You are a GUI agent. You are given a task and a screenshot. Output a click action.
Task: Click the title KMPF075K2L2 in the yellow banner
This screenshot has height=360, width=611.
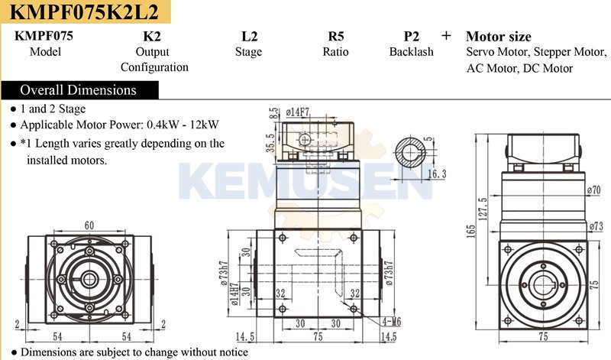[x=84, y=11]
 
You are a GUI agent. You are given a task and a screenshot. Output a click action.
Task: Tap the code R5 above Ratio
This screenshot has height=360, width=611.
[x=335, y=36]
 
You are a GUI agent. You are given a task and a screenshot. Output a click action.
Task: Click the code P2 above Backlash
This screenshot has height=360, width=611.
[x=411, y=36]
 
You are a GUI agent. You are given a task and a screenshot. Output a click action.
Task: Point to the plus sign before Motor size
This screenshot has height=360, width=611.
[x=446, y=36]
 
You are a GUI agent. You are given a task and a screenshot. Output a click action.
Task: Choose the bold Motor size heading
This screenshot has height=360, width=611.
[x=499, y=37]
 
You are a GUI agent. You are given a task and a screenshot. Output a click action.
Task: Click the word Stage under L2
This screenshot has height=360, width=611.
[x=249, y=52]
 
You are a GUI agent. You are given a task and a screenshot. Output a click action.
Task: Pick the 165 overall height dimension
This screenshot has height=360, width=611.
[x=470, y=231]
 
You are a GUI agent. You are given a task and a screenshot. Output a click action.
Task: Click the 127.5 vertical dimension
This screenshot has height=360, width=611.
[x=483, y=209]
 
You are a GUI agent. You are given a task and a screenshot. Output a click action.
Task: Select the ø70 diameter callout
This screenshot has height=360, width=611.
[x=593, y=190]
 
